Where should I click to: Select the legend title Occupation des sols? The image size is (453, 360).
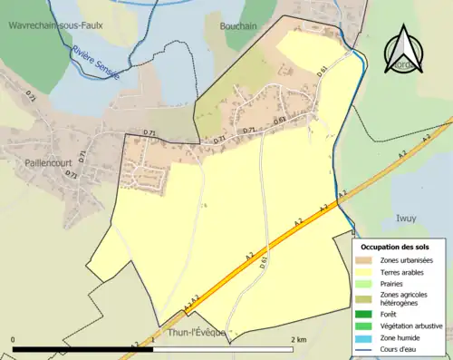(395, 247)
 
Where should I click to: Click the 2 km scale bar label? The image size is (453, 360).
(299, 339)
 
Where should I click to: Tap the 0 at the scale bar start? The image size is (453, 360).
(14, 339)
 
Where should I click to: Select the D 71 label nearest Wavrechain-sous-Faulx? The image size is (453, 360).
(32, 94)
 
